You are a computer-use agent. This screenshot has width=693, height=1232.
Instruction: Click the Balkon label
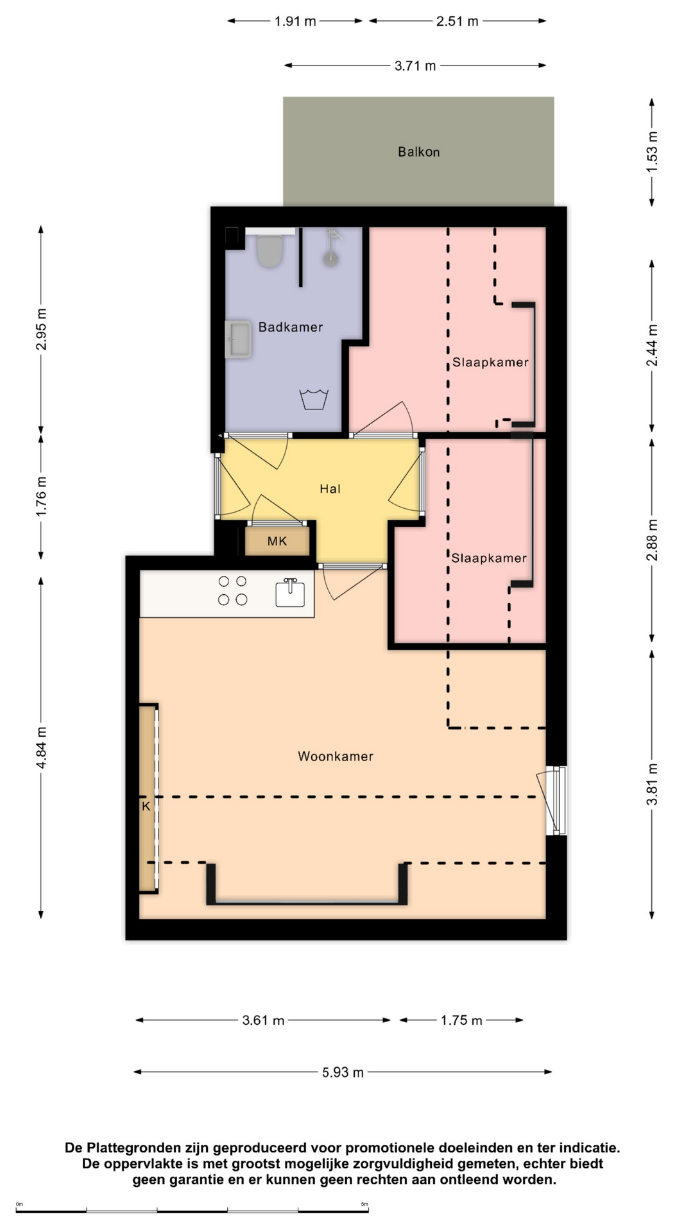[418, 152]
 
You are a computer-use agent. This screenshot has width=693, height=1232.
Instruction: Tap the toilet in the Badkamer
[270, 250]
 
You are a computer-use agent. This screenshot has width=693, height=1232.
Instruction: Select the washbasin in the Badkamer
[238, 339]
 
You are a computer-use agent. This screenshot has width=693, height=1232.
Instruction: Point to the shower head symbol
[331, 248]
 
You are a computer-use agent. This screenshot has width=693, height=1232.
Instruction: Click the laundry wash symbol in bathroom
[314, 399]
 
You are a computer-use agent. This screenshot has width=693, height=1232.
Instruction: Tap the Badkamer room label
[291, 327]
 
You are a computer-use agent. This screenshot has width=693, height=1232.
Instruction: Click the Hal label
[330, 489]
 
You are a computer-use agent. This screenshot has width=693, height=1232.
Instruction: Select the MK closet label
[277, 541]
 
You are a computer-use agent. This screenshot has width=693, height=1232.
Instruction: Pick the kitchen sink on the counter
[290, 592]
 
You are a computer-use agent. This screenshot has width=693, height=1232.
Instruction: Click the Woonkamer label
[336, 757]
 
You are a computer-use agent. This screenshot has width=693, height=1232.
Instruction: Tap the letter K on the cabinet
[146, 806]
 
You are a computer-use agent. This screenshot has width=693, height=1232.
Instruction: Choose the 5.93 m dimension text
[343, 1072]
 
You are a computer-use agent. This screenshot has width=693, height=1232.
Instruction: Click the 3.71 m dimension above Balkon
[415, 65]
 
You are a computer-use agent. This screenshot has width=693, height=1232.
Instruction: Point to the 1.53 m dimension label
[652, 151]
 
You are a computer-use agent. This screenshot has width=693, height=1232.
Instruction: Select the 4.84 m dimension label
[41, 748]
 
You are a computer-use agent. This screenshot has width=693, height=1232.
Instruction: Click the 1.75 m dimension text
[461, 1020]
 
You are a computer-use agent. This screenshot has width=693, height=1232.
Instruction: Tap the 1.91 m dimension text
[295, 21]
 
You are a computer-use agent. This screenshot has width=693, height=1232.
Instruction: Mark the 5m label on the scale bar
[364, 1204]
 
